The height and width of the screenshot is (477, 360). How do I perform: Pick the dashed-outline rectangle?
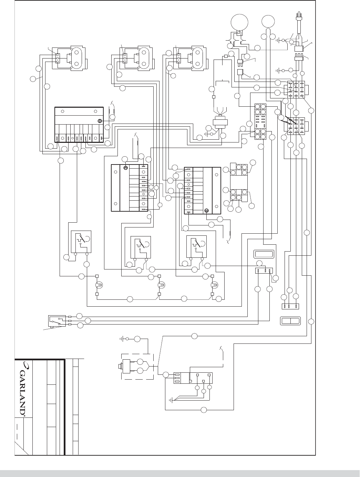(137, 366)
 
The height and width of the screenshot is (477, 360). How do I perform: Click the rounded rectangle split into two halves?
(290, 321)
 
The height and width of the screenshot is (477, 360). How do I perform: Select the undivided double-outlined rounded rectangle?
(263, 255)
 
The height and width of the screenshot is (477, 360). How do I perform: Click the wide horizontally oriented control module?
(79, 125)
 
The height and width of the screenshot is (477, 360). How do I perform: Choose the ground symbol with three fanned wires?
(171, 400)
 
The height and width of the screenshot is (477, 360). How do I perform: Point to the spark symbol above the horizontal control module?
(111, 103)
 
